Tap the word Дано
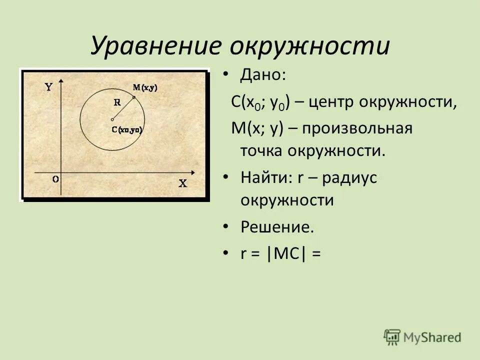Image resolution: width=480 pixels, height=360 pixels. [x=263, y=76]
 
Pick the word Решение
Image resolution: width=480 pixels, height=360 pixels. [x=277, y=227]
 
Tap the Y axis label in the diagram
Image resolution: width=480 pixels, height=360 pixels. [x=48, y=86]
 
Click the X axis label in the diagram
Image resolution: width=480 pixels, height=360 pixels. [x=183, y=183]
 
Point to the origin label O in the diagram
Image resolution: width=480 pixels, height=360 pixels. [x=55, y=178]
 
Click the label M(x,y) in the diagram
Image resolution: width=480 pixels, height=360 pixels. [x=145, y=87]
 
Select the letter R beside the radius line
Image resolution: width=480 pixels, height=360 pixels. [x=117, y=102]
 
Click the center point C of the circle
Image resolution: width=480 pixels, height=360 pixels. [x=112, y=119]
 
